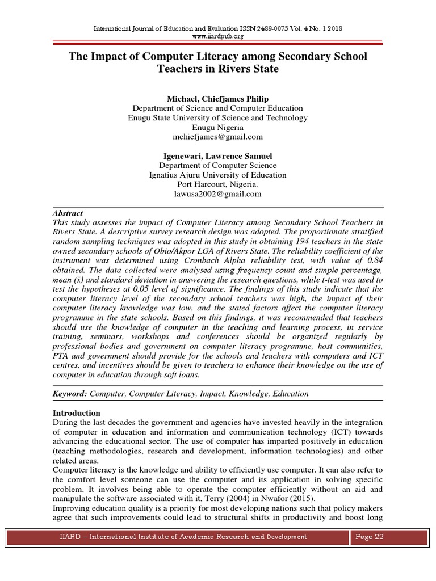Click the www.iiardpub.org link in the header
(218, 36)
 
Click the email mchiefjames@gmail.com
(217, 137)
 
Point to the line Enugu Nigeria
(217, 127)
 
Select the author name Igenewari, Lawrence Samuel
(217, 155)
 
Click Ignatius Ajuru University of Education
(217, 175)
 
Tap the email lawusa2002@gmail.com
(217, 194)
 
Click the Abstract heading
(68, 213)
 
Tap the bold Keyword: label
(70, 393)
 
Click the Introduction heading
(76, 413)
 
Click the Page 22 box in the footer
(369, 537)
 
